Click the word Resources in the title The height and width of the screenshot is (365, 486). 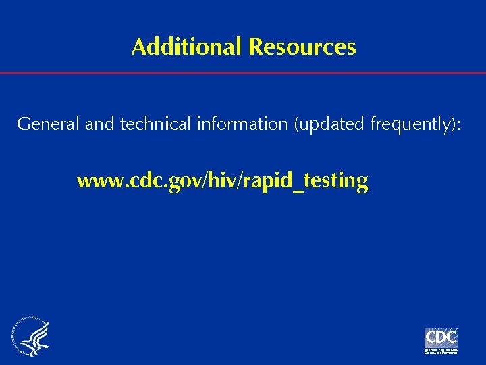(302, 47)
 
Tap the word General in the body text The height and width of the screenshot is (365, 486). (40, 124)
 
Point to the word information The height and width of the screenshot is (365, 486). (240, 124)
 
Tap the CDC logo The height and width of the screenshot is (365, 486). (441, 337)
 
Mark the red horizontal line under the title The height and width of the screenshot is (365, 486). (243, 72)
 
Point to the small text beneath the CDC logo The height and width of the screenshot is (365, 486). (441, 351)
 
